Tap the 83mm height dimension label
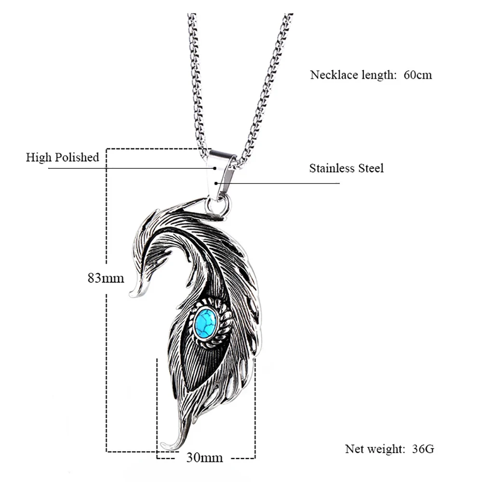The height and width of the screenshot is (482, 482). (x=106, y=278)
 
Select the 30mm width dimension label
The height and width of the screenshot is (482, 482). (x=204, y=457)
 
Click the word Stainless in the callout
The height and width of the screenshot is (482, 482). (x=332, y=168)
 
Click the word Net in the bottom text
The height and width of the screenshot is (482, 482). (x=354, y=449)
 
